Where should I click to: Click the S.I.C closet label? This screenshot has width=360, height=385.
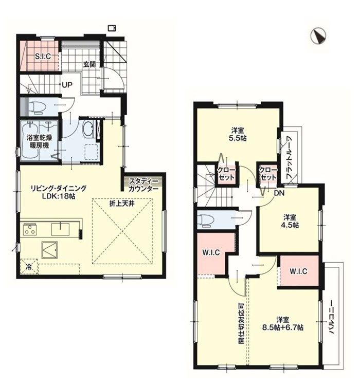[43, 56]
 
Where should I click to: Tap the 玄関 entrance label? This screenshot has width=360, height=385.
[89, 64]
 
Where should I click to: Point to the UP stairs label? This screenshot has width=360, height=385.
[67, 85]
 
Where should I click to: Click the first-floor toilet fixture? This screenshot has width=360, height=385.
[37, 107]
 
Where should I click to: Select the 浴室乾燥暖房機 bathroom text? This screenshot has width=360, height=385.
[39, 141]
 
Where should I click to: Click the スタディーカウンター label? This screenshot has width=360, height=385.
[143, 185]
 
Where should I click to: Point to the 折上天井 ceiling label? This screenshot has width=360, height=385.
[122, 204]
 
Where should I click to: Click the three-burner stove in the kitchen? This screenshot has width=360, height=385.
[30, 230]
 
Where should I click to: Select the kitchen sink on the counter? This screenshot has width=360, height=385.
[60, 229]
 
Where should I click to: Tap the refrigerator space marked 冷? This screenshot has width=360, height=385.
[29, 267]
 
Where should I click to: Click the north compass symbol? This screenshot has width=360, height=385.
[318, 36]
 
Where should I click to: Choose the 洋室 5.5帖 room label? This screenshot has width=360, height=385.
[238, 134]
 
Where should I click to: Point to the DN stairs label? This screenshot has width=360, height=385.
[279, 193]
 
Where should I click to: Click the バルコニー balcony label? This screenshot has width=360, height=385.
[332, 317]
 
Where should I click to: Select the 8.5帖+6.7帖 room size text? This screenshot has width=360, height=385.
[282, 327]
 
